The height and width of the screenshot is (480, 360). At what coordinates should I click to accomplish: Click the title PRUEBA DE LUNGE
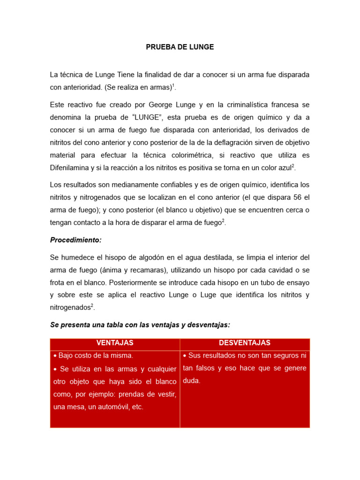(180, 47)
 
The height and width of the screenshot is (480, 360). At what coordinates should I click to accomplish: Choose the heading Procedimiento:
(75, 240)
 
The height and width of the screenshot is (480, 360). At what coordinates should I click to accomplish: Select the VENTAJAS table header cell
(115, 343)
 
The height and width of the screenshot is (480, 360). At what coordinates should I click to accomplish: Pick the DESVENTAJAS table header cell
(245, 343)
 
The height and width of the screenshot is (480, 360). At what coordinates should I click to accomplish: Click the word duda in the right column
(192, 381)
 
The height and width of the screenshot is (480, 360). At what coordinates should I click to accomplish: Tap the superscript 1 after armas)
(173, 85)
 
